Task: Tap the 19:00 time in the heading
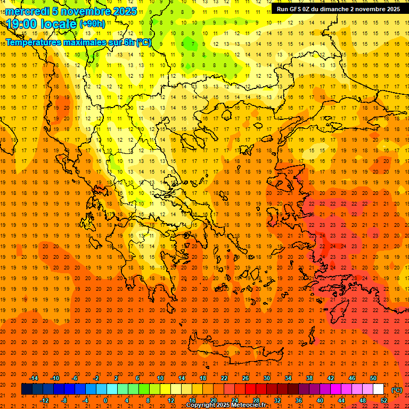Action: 21,24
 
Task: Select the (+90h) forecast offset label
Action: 92,24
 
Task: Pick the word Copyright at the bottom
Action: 203,405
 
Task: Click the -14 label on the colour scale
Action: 34,378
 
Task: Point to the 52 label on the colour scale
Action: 384,400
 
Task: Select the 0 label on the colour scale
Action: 105,400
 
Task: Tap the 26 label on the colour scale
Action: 246,378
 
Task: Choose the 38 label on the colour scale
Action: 309,378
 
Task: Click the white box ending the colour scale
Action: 378,389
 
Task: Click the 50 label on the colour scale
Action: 373,378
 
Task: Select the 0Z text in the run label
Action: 308,9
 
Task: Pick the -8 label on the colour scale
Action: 64,400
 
